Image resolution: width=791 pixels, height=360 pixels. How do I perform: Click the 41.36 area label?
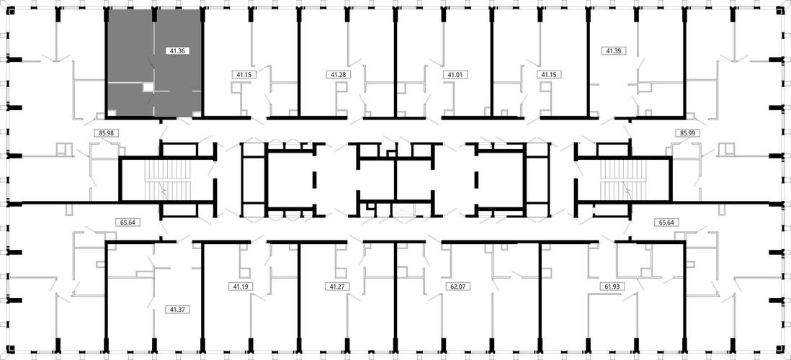click(x=177, y=50)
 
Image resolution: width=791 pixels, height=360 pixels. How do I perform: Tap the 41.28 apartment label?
click(x=336, y=75)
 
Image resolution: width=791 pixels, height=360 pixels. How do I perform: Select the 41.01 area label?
click(x=455, y=75)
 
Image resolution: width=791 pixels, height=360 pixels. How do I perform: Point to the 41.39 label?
click(x=615, y=50)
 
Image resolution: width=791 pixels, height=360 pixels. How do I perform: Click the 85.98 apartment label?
click(x=107, y=133)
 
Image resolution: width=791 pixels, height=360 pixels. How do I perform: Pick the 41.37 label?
click(x=177, y=310)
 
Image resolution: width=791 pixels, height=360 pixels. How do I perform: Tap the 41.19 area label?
click(x=241, y=287)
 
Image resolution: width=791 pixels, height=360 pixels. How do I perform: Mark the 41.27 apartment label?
click(x=336, y=287)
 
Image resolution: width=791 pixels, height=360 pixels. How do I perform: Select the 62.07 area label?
click(x=455, y=287)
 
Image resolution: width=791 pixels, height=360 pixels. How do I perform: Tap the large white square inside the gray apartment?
click(x=148, y=87)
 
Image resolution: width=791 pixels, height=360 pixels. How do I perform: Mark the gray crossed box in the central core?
click(x=401, y=210)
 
